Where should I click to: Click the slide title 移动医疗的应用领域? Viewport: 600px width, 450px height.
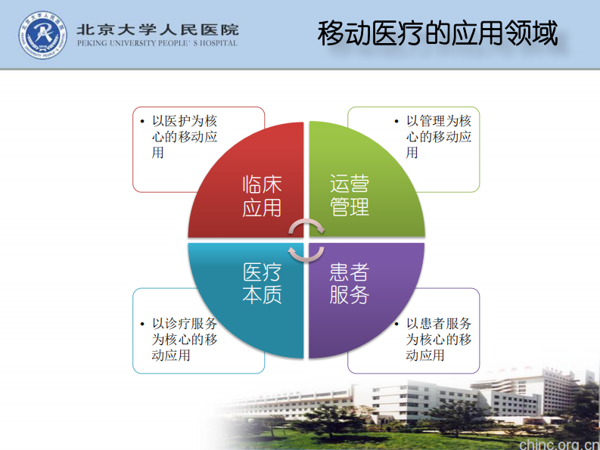tap(437, 34)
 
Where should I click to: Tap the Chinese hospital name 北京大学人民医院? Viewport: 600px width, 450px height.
tap(157, 29)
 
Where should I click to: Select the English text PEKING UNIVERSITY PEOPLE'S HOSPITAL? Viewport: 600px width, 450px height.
tap(157, 44)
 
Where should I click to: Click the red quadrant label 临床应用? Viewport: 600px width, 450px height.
tap(262, 196)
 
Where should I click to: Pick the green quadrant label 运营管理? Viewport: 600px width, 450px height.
tap(350, 196)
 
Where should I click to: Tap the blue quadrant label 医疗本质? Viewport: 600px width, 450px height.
tap(262, 284)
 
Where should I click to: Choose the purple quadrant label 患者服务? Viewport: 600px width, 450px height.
tap(350, 284)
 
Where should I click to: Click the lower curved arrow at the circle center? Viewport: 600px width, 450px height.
tap(306, 253)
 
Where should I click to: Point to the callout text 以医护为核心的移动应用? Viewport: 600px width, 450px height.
tap(185, 136)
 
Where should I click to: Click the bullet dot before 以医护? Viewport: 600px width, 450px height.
tap(142, 121)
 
